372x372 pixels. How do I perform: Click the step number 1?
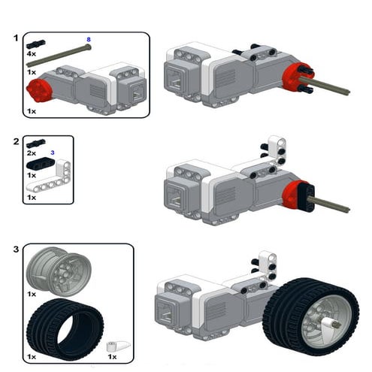(x=17, y=37)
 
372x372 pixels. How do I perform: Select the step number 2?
(x=17, y=141)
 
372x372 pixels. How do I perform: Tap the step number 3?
(x=17, y=247)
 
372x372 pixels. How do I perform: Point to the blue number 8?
(x=89, y=38)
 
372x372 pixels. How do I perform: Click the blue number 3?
(x=53, y=153)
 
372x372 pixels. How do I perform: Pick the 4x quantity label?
(x=32, y=55)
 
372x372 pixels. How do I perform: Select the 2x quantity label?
(x=32, y=153)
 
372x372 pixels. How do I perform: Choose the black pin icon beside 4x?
(x=36, y=44)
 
